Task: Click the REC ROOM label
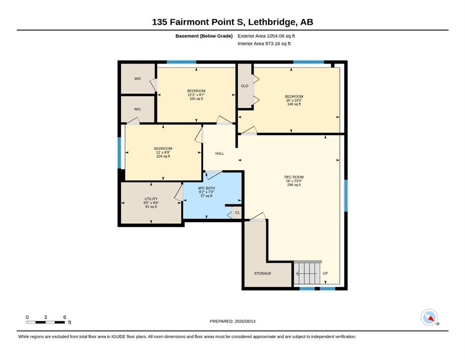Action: [294, 177]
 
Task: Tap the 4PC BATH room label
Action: [207, 188]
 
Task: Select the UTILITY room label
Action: [151, 199]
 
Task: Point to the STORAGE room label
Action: [262, 273]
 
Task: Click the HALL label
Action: [220, 153]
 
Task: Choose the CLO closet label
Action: [244, 86]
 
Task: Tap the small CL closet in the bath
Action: [237, 212]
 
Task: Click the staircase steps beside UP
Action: [307, 273]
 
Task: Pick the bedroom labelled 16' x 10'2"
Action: [294, 100]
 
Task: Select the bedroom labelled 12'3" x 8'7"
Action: [196, 95]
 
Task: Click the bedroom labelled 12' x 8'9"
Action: [163, 152]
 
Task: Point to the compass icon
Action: [429, 317]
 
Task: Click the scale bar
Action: [46, 322]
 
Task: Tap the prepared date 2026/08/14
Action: [245, 321]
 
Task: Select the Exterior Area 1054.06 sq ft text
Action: [266, 36]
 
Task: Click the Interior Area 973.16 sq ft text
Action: [264, 44]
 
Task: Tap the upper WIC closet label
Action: [138, 79]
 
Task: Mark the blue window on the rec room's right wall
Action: [346, 195]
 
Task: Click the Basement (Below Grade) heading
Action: [204, 36]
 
